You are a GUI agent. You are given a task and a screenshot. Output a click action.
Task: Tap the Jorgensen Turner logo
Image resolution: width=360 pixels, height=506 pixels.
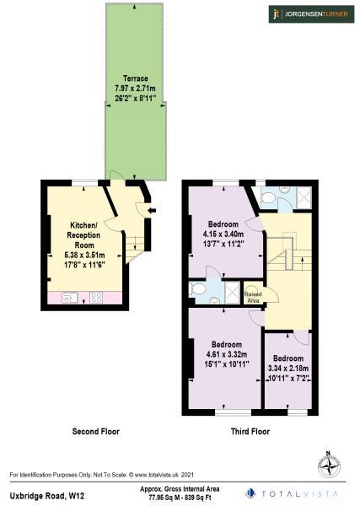[x=309, y=14]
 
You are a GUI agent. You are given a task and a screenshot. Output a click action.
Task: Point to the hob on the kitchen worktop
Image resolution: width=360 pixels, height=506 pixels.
[x=96, y=297]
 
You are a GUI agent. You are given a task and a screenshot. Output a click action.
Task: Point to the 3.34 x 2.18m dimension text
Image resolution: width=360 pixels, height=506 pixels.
[x=287, y=368]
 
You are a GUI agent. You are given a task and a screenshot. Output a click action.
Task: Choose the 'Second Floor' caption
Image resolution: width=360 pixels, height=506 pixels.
[x=95, y=432]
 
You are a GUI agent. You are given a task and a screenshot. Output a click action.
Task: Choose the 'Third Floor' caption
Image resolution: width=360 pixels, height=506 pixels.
[x=250, y=432]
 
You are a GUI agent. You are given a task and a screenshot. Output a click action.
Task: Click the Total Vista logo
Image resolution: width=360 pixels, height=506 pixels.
[x=295, y=493]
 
